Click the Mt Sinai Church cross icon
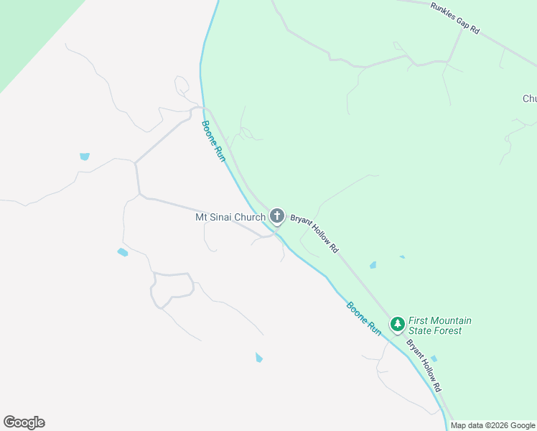pos(277,215)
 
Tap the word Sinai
pos(223,217)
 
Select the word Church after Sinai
pos(251,217)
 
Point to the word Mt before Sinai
pos(202,217)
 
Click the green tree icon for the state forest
pos(397,324)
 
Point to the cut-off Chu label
pos(530,99)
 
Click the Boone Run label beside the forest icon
pos(365,317)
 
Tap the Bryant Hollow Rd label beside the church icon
pos(314,231)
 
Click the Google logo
pos(24,422)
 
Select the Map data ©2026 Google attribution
pos(492,425)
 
